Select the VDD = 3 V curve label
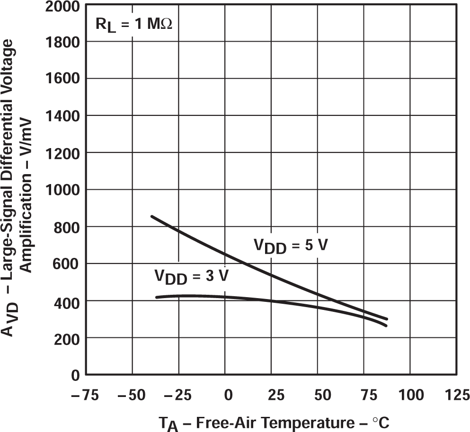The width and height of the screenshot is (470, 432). [191, 276]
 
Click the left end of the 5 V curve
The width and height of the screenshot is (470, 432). [151, 216]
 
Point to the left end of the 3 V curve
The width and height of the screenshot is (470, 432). [156, 297]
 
